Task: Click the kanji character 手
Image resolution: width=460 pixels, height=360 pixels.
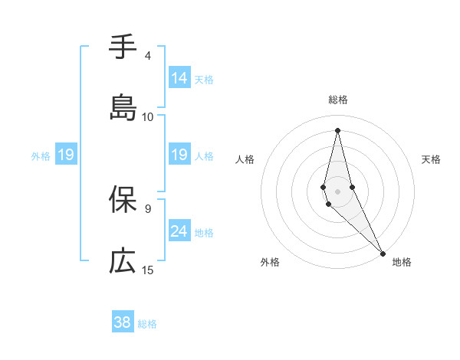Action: point(123,47)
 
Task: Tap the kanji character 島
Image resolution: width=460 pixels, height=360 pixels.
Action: point(123,107)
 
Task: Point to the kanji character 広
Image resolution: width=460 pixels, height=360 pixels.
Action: point(123,260)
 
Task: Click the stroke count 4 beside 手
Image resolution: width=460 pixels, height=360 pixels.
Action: point(148,56)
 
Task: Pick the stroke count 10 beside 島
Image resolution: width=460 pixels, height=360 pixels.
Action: point(148,116)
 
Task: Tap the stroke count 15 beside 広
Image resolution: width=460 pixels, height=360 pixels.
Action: point(148,270)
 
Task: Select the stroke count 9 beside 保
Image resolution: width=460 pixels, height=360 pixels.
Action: point(148,208)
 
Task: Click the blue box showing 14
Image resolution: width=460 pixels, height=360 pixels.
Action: point(179,78)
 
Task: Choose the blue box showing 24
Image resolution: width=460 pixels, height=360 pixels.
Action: point(179,231)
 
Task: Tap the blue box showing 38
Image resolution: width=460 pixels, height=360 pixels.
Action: point(123,322)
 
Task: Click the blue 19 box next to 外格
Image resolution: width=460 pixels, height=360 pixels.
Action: point(66,155)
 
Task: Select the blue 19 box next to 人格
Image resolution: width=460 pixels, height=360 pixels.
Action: point(179,155)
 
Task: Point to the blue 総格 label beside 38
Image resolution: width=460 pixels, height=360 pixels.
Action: point(147,324)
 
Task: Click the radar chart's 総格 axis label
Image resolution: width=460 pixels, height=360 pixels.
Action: point(338,100)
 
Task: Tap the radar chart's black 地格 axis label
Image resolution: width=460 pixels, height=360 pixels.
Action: point(402,263)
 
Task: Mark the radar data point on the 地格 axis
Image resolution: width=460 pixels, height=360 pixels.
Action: point(382,253)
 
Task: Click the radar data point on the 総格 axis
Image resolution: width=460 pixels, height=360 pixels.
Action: point(337,129)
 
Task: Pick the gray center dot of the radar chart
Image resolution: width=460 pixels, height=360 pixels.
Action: point(337,191)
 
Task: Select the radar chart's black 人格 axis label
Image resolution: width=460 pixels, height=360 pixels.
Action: point(245,159)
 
